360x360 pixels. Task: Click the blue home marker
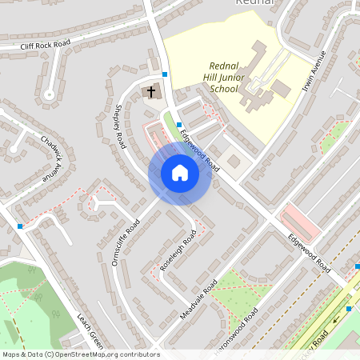pyautogui.click(x=180, y=173)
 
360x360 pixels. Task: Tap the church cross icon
pyautogui.click(x=150, y=92)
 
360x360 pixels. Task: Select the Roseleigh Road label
pyautogui.click(x=178, y=250)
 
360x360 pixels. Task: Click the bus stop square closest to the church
pyautogui.click(x=165, y=74)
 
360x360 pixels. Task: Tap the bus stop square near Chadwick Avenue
pyautogui.click(x=20, y=226)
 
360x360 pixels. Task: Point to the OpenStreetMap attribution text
pyautogui.click(x=80, y=354)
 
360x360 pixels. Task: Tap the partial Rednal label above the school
pyautogui.click(x=255, y=3)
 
